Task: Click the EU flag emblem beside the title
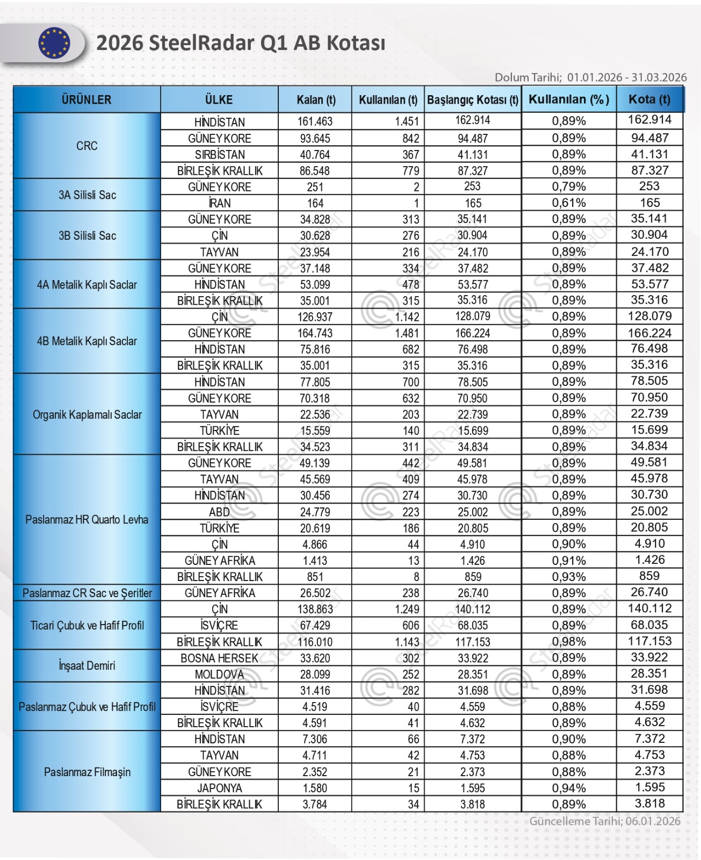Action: click(54, 43)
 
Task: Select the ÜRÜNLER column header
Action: click(86, 99)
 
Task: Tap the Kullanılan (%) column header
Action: click(568, 99)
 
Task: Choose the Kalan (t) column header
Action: click(315, 100)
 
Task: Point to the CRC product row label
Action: click(86, 146)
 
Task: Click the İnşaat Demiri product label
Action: click(86, 666)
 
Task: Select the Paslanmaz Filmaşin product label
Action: click(86, 772)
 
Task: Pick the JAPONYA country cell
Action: click(219, 788)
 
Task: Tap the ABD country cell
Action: click(219, 512)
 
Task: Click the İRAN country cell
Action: click(219, 203)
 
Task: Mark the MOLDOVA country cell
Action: click(219, 674)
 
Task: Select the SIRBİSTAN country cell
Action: click(219, 155)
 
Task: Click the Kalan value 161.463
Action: click(315, 122)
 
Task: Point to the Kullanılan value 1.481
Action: click(407, 333)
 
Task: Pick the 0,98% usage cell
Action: click(569, 642)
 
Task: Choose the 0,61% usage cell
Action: click(569, 203)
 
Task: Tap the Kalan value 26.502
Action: click(315, 593)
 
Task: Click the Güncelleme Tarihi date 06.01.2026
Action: click(652, 821)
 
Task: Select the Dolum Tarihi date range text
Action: click(626, 77)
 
